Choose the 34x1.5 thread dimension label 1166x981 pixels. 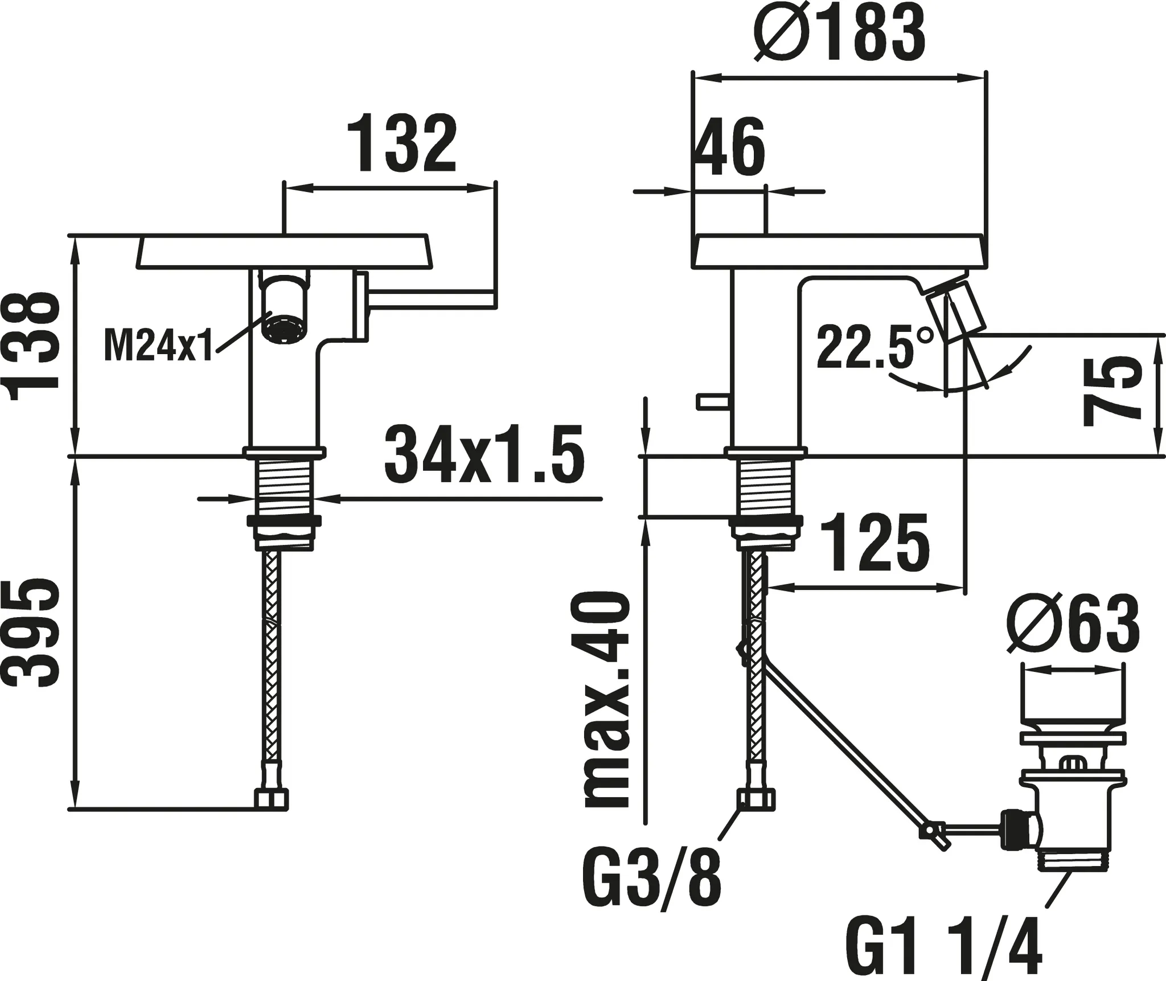coord(484,454)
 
